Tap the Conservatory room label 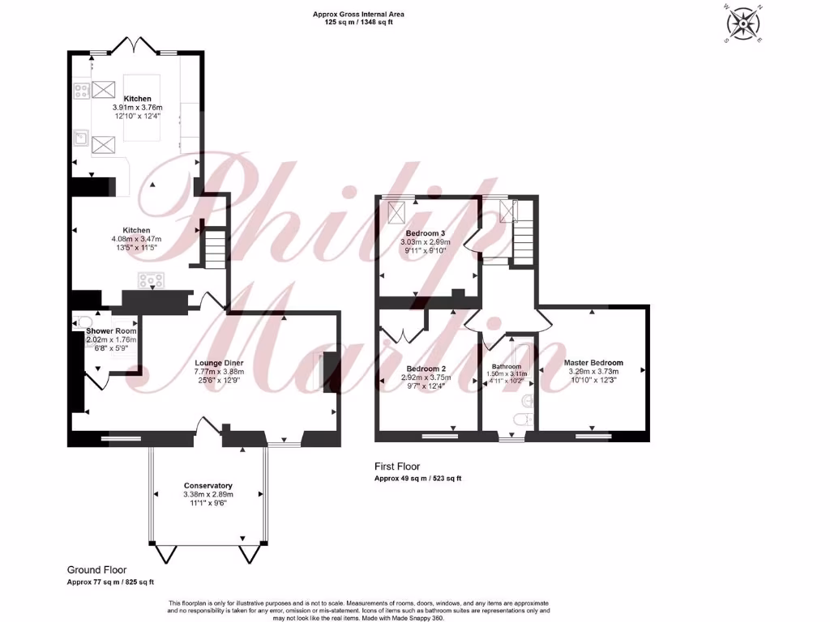[207, 486]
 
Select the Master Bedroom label [594, 362]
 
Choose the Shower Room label [111, 331]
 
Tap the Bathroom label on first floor [506, 366]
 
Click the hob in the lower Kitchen [151, 281]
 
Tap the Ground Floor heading [96, 570]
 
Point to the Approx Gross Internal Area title [358, 14]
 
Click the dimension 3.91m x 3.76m [137, 108]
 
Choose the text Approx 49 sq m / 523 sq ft [417, 479]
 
